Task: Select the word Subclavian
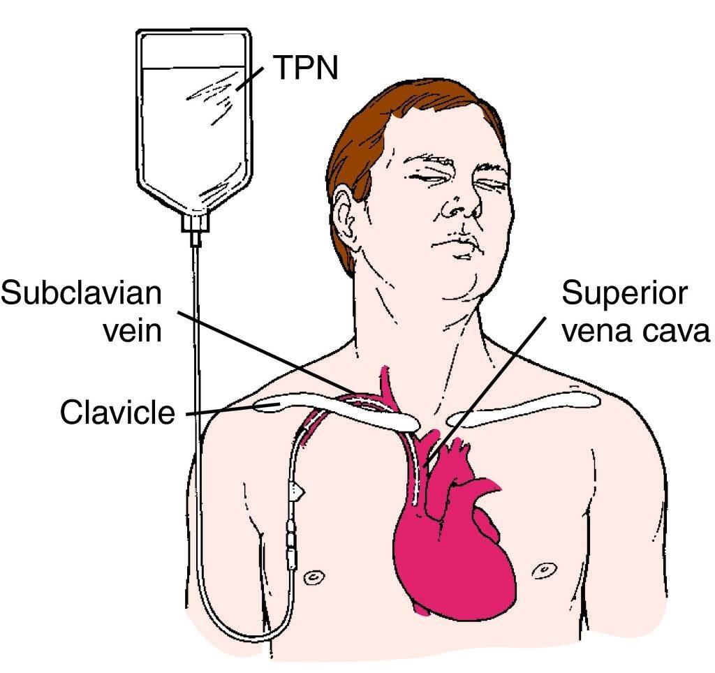click(80, 293)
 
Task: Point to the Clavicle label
click(117, 413)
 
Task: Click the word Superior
click(625, 293)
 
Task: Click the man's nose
click(462, 202)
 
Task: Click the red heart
click(454, 552)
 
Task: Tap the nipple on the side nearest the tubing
click(316, 577)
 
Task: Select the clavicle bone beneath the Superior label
click(524, 413)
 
